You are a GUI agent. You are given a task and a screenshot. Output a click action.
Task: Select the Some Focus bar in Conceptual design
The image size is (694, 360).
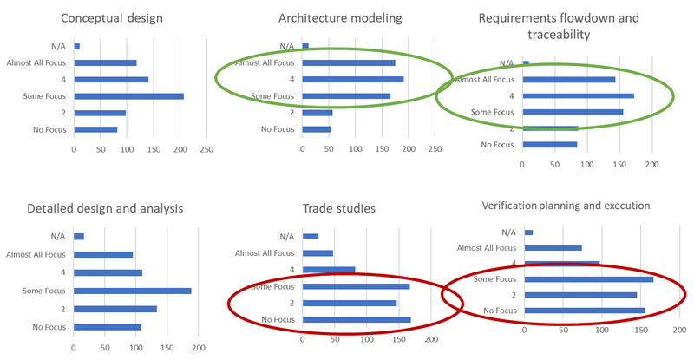point(129,95)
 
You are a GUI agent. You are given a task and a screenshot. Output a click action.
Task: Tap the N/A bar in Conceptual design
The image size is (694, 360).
point(77,46)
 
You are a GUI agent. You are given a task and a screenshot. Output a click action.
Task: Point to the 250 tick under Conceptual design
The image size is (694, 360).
point(206,149)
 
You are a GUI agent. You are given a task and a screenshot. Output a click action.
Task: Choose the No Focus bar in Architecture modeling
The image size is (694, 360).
point(317,129)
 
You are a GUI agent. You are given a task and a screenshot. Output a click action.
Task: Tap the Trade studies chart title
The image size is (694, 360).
point(339,208)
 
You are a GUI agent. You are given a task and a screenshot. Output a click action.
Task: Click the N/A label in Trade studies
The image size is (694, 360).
point(287,236)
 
